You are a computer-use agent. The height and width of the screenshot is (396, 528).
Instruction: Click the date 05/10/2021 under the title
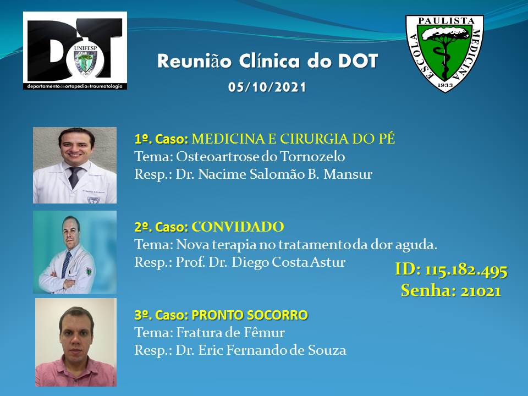point(267,87)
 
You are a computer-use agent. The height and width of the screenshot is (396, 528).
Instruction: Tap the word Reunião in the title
point(194,61)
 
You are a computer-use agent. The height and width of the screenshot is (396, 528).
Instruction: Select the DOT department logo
point(75,51)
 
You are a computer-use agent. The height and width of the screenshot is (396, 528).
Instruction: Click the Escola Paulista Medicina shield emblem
point(444,53)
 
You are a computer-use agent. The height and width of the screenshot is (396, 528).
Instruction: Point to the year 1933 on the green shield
point(445,85)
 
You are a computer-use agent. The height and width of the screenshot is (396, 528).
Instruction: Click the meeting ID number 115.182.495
point(466,270)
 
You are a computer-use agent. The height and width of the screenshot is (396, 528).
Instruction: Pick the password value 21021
point(481,291)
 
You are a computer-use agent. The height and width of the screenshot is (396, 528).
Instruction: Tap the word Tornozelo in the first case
point(312,157)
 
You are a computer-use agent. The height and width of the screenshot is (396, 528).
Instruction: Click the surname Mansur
point(348,174)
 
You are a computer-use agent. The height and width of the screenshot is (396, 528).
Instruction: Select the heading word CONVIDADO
point(238,227)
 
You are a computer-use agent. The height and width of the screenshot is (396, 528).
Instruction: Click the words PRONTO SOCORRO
point(250,315)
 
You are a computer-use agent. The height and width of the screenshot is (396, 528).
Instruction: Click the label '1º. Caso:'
point(161,139)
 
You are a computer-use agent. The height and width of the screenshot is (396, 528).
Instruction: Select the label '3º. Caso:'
point(161,315)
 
